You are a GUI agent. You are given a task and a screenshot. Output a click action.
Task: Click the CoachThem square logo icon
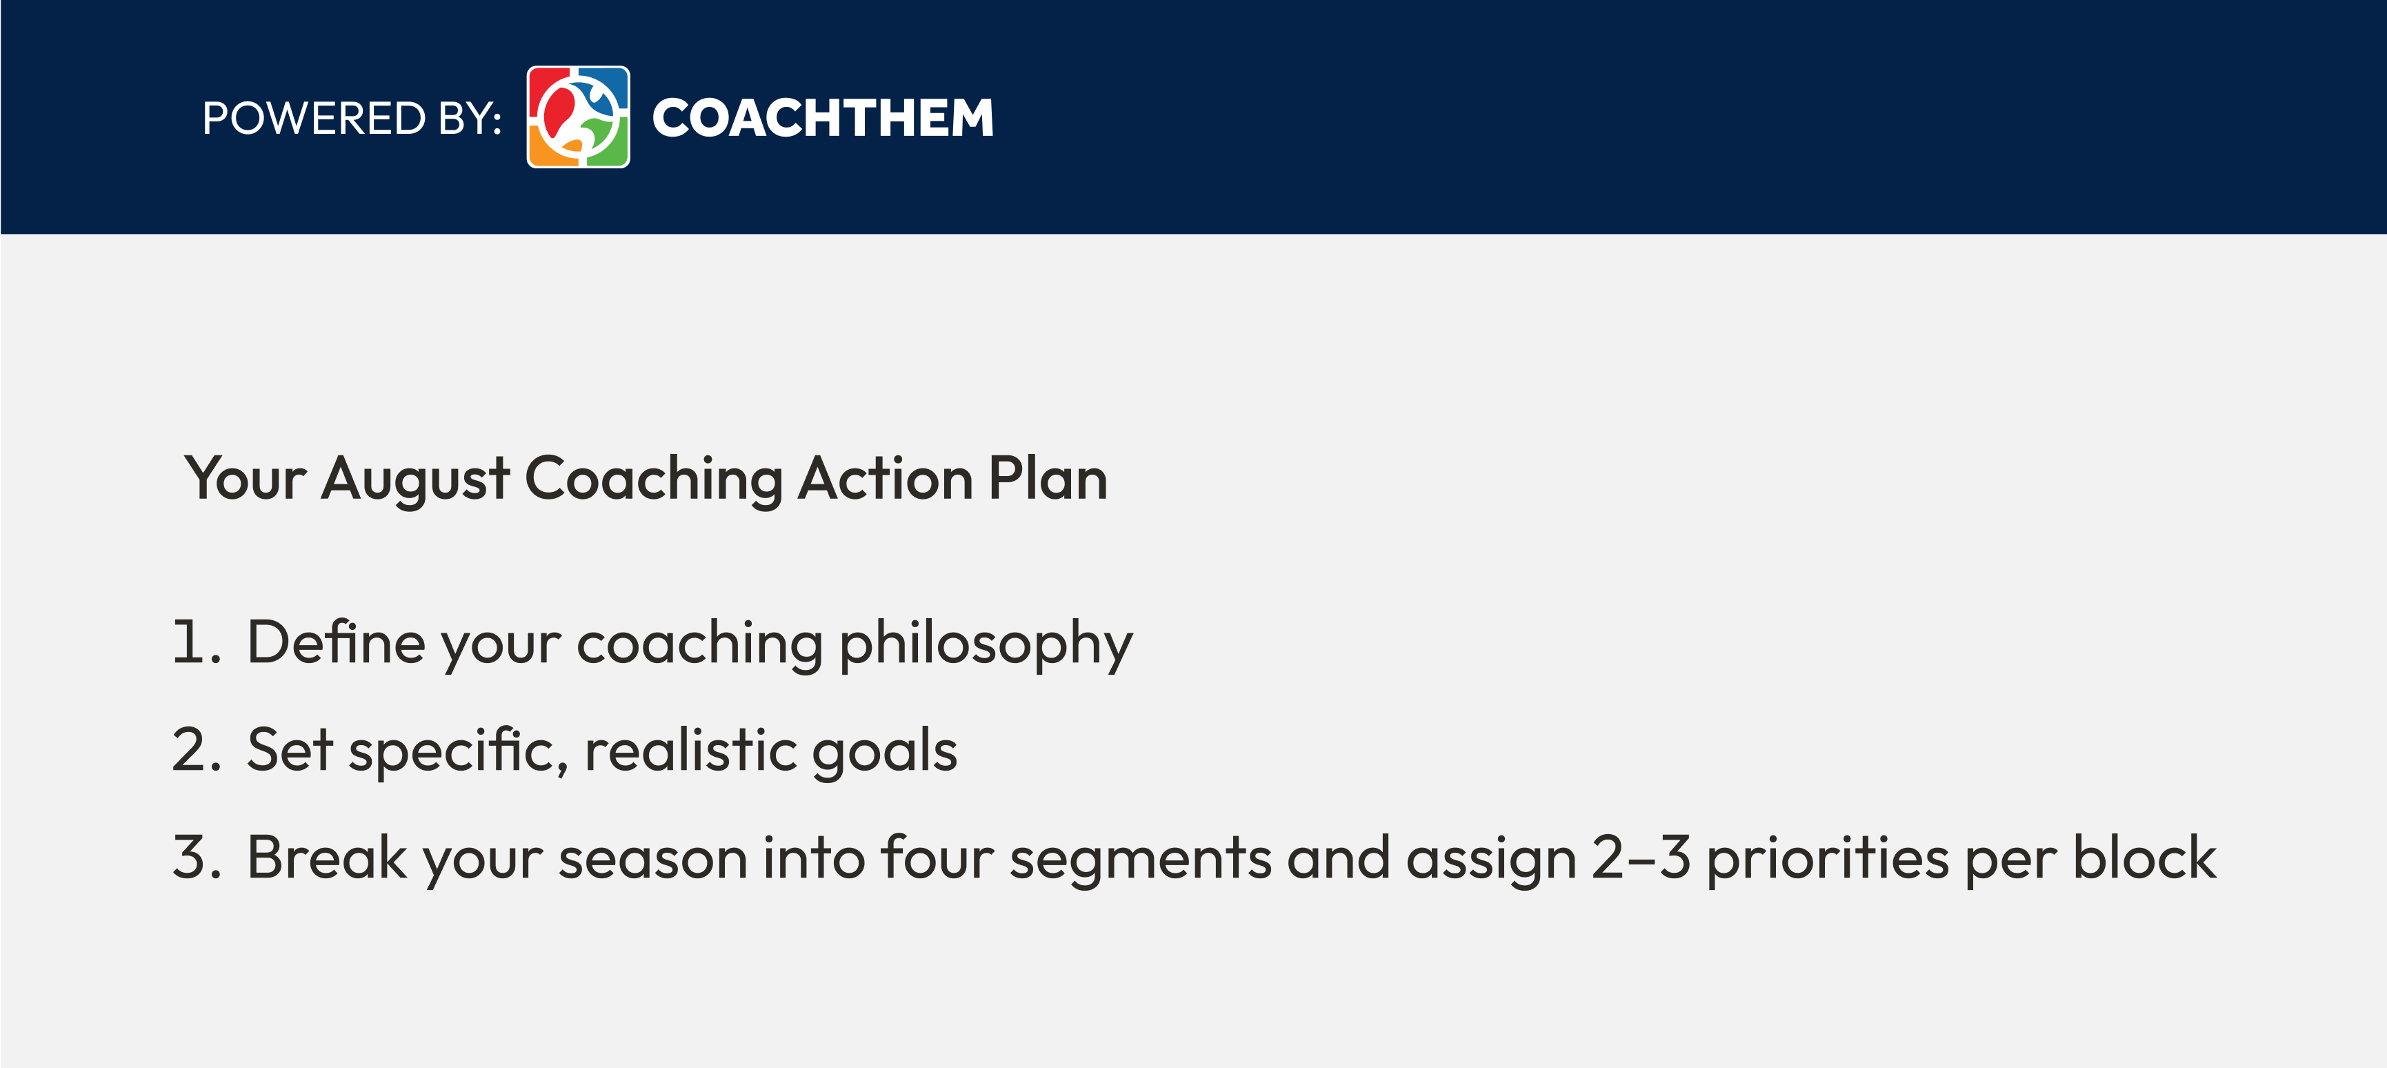(x=578, y=117)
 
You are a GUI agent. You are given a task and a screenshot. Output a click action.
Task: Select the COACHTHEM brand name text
(x=823, y=118)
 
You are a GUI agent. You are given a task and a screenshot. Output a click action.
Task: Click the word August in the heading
(x=415, y=480)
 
